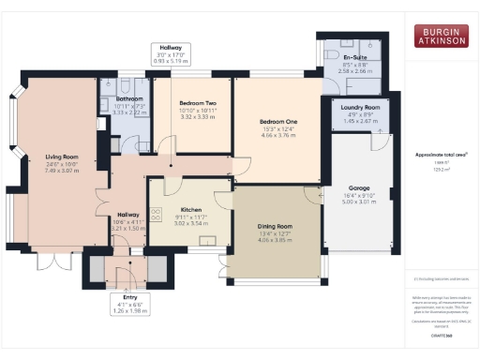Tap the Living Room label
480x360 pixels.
coord(61,157)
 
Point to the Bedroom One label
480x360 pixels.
coord(278,122)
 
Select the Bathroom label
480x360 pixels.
coord(129,98)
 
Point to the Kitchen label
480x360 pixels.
coord(191,210)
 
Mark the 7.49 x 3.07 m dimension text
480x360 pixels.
coord(61,171)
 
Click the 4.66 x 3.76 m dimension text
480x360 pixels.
coord(278,135)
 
